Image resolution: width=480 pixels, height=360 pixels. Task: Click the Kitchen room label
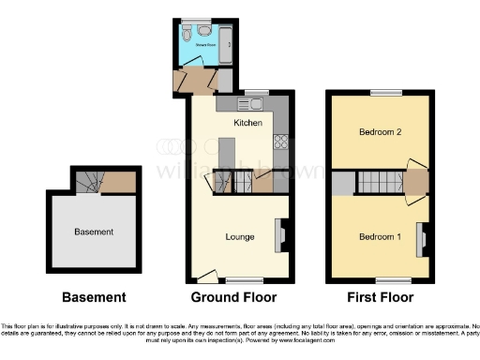click(x=247, y=123)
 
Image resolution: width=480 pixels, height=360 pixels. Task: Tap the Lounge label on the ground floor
click(x=240, y=236)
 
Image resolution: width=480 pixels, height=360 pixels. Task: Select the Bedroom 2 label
click(x=380, y=133)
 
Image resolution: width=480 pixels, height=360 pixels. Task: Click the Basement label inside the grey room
click(x=94, y=232)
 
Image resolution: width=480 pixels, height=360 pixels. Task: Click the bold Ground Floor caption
click(x=233, y=298)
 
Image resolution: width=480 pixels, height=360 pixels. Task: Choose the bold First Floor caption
click(x=379, y=298)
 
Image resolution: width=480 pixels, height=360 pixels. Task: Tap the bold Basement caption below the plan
click(x=94, y=298)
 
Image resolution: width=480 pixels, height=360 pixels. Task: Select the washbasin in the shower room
click(x=204, y=31)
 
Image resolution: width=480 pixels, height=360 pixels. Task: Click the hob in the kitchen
click(x=279, y=142)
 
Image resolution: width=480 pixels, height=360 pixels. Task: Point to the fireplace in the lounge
click(x=278, y=235)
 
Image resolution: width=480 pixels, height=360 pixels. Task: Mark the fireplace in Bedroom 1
click(x=423, y=239)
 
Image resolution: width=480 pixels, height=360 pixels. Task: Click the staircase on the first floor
click(x=380, y=182)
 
